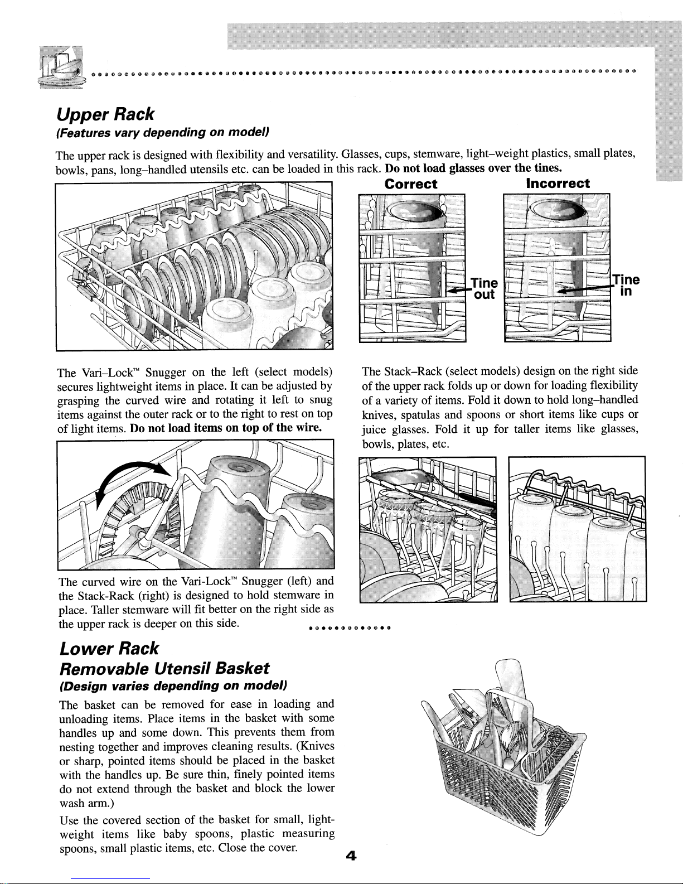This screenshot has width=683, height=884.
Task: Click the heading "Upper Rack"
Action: pos(105,114)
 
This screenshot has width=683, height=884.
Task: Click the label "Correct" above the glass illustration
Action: pos(411,183)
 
